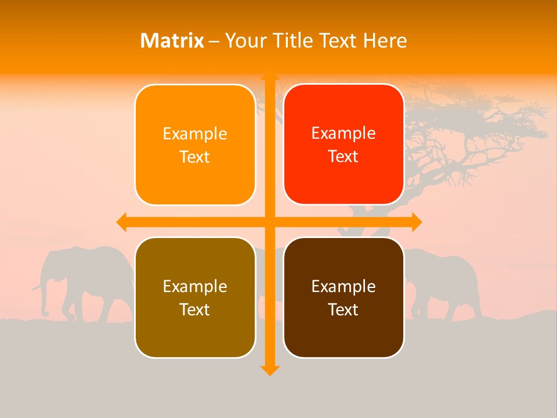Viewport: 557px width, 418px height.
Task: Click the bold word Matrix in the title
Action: click(x=172, y=41)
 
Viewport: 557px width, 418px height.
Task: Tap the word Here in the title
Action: click(x=385, y=41)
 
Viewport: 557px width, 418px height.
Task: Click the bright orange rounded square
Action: click(x=195, y=145)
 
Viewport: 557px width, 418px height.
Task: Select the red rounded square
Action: click(x=343, y=145)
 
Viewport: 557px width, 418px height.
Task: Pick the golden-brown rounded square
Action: click(x=195, y=297)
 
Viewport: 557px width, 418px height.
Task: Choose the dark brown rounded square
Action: click(x=343, y=297)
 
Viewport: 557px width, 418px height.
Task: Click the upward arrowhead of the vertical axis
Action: click(x=269, y=76)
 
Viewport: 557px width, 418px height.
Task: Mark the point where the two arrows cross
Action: click(x=269, y=222)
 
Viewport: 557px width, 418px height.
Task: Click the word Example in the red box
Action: click(x=343, y=134)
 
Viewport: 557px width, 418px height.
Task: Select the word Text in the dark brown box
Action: click(x=343, y=309)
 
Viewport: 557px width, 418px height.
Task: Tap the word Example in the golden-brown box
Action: click(x=195, y=286)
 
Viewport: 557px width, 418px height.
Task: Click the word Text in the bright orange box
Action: click(x=195, y=157)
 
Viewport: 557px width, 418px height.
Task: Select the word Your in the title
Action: click(x=244, y=41)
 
